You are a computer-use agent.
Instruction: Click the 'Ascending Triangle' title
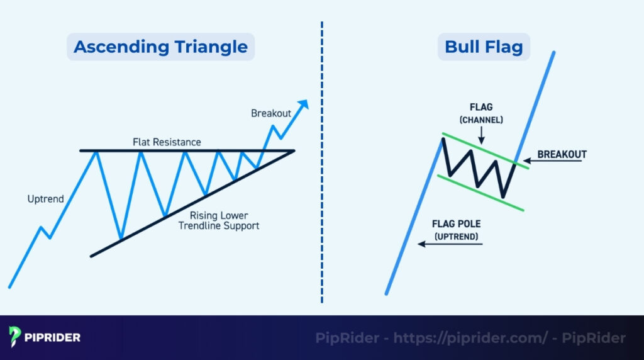tap(160, 47)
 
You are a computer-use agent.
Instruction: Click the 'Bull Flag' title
tap(484, 47)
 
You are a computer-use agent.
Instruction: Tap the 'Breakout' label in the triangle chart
tap(271, 113)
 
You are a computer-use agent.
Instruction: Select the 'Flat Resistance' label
tap(167, 142)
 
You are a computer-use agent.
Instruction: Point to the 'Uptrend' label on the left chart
tap(45, 199)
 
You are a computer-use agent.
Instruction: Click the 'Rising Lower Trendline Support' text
tap(218, 220)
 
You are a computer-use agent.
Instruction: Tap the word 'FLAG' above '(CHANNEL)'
tap(481, 106)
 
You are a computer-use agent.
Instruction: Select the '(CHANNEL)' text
tap(481, 119)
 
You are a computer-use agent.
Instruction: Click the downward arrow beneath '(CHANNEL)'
tap(481, 134)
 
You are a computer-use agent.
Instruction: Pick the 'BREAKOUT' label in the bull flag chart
tap(562, 154)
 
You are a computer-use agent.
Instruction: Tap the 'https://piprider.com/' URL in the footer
tap(470, 338)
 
